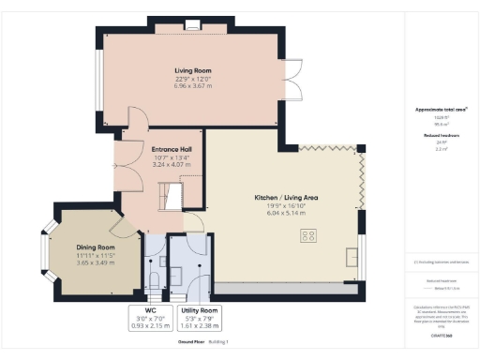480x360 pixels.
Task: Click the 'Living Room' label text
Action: (x=190, y=70)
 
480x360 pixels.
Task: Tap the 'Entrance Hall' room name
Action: (x=172, y=148)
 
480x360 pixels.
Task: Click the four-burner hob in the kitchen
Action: (x=308, y=236)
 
